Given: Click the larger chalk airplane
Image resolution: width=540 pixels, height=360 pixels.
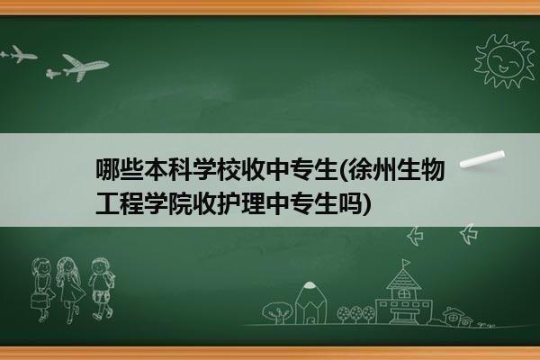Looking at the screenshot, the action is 85,67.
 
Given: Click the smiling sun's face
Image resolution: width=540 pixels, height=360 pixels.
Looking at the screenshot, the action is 505,61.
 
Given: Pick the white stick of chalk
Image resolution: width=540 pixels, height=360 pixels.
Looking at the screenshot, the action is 482,159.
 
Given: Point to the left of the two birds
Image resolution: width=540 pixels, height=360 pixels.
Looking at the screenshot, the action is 415,236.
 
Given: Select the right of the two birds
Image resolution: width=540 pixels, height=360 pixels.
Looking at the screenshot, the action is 469,234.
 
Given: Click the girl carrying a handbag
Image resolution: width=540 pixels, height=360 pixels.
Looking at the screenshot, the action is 42,290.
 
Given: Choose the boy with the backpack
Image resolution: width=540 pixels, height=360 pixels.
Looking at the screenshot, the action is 101,289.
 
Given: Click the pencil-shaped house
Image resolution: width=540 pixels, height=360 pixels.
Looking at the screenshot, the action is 310,302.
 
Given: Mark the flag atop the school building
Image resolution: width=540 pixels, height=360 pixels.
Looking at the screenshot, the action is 407,263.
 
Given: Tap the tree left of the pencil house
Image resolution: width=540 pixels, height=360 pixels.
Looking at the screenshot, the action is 276,312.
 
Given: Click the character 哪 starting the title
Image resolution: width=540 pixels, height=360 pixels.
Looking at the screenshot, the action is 107,169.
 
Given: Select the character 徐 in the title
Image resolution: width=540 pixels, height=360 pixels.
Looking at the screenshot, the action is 361,169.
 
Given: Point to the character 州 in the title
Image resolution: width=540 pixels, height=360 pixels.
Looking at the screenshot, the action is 385,169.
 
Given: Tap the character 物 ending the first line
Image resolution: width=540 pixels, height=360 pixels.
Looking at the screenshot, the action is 433,169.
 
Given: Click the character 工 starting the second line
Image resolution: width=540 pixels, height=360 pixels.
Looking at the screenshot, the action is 107,203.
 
